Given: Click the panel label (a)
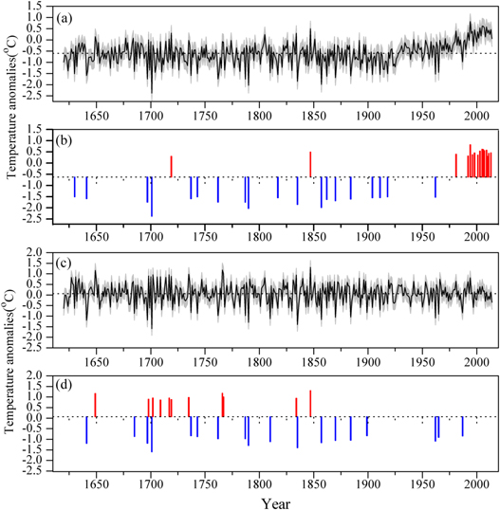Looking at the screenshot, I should [x=68, y=18].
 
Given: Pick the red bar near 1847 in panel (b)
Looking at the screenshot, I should [x=310, y=164].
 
